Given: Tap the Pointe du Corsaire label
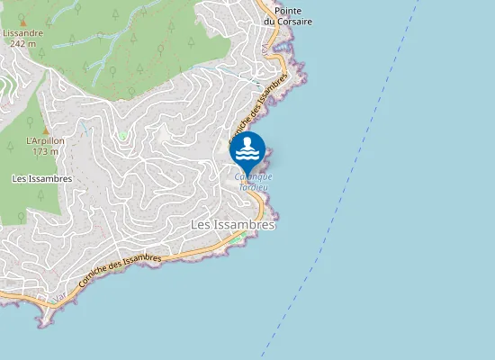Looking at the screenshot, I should [287, 15].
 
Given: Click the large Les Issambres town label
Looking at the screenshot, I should [232, 224].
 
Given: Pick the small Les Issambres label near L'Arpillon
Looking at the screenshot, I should [41, 179].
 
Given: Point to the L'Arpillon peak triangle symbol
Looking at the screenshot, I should [45, 130].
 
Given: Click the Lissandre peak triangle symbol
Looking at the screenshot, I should [23, 22].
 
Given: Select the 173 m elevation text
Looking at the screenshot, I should [45, 151].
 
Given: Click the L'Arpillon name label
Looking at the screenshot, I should [45, 141].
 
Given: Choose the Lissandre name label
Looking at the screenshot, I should [22, 32].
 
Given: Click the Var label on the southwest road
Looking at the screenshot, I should [59, 296].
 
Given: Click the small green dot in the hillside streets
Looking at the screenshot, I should [122, 136].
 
